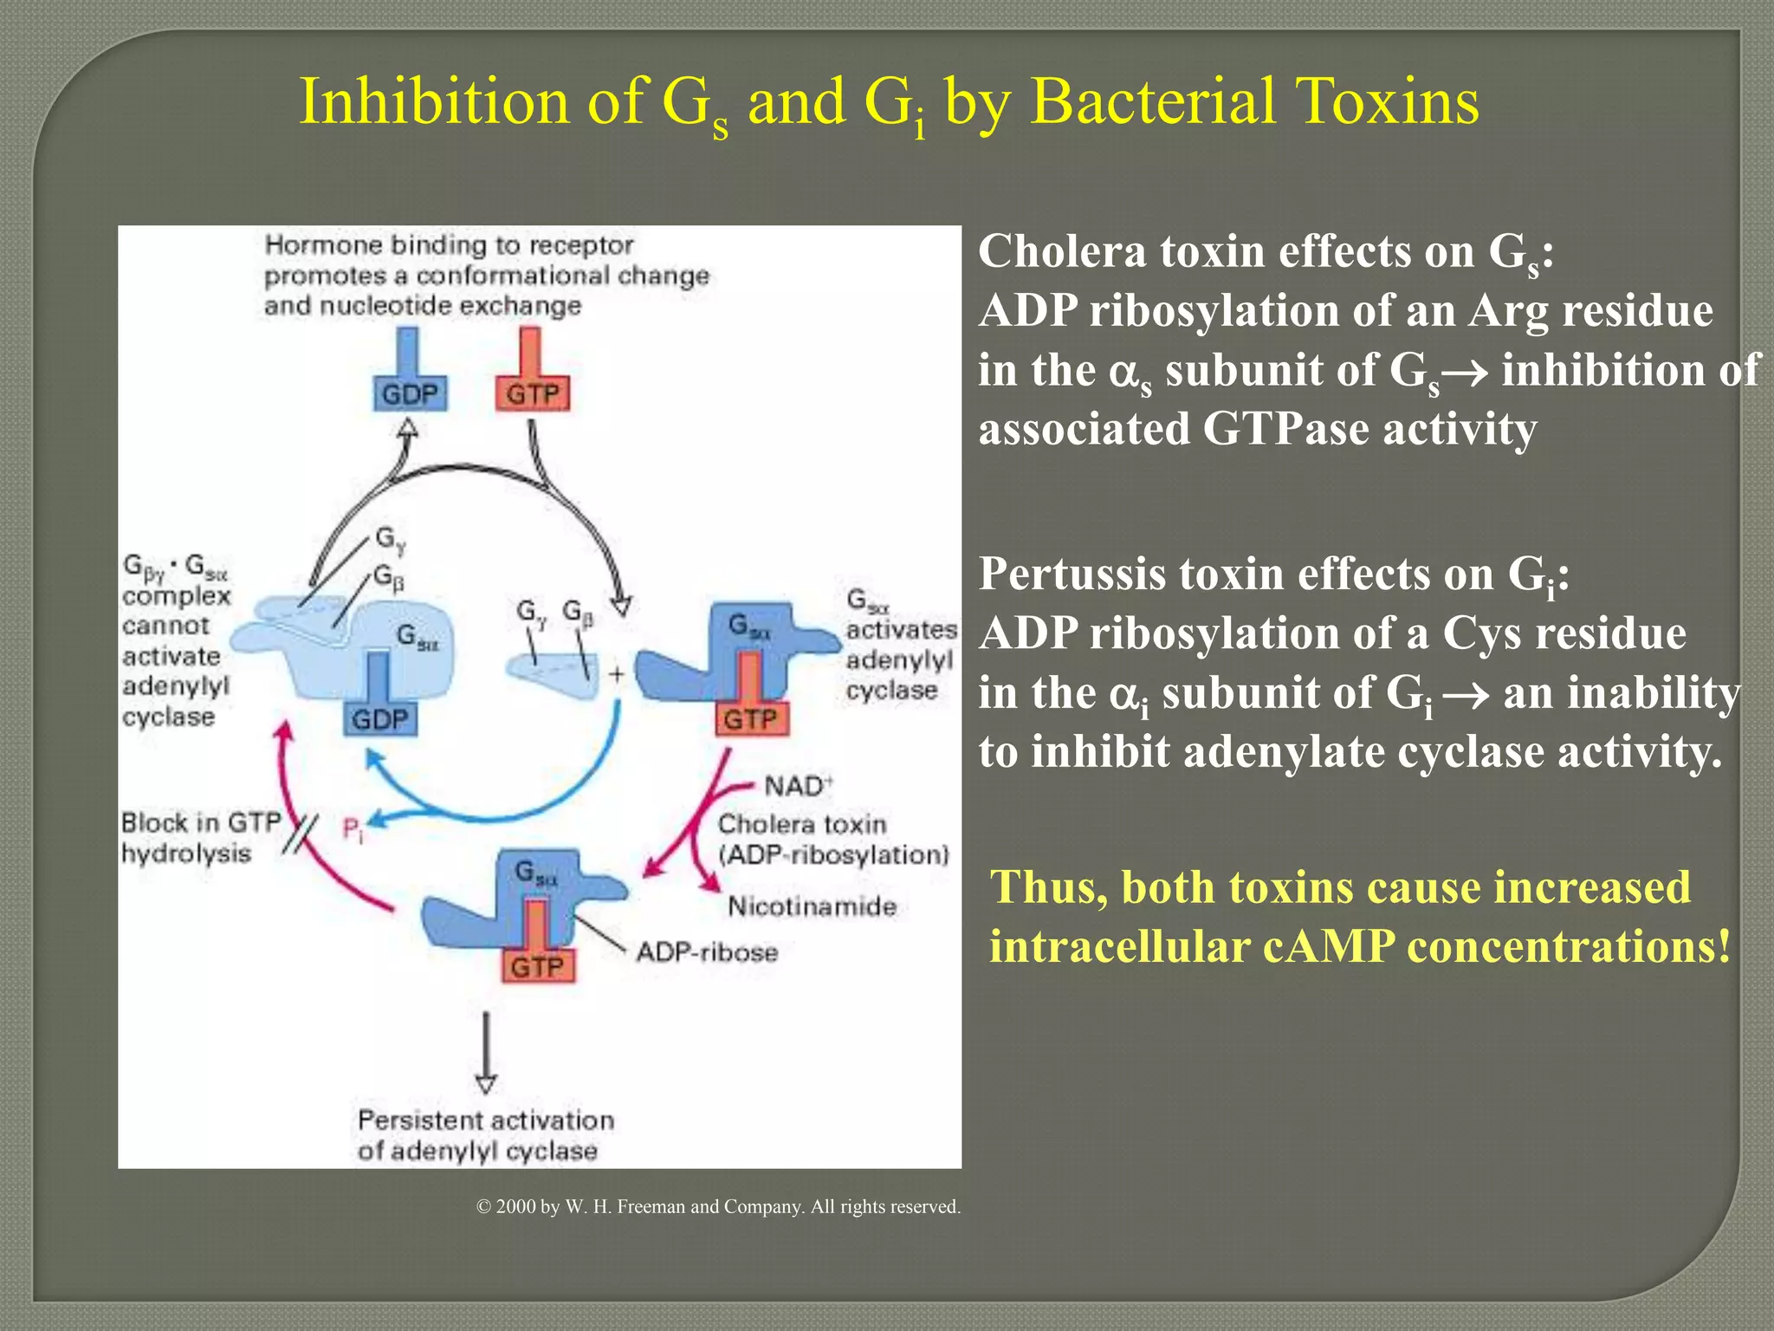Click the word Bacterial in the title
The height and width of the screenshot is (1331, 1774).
click(x=1152, y=102)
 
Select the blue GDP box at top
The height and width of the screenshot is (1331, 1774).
click(x=410, y=394)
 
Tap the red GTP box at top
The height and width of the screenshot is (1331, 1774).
click(x=532, y=394)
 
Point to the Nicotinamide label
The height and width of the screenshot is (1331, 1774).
click(x=812, y=906)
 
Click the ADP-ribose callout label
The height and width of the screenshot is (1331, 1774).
click(x=707, y=952)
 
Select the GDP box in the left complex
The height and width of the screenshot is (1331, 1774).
click(x=379, y=719)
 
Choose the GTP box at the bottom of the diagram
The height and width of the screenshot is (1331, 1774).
click(x=537, y=966)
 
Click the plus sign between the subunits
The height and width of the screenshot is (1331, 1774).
click(x=617, y=674)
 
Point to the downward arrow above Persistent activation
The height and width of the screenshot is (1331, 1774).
click(x=486, y=1053)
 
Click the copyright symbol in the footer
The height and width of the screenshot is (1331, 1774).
click(x=484, y=1207)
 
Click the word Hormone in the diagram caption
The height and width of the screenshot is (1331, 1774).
click(x=323, y=245)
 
